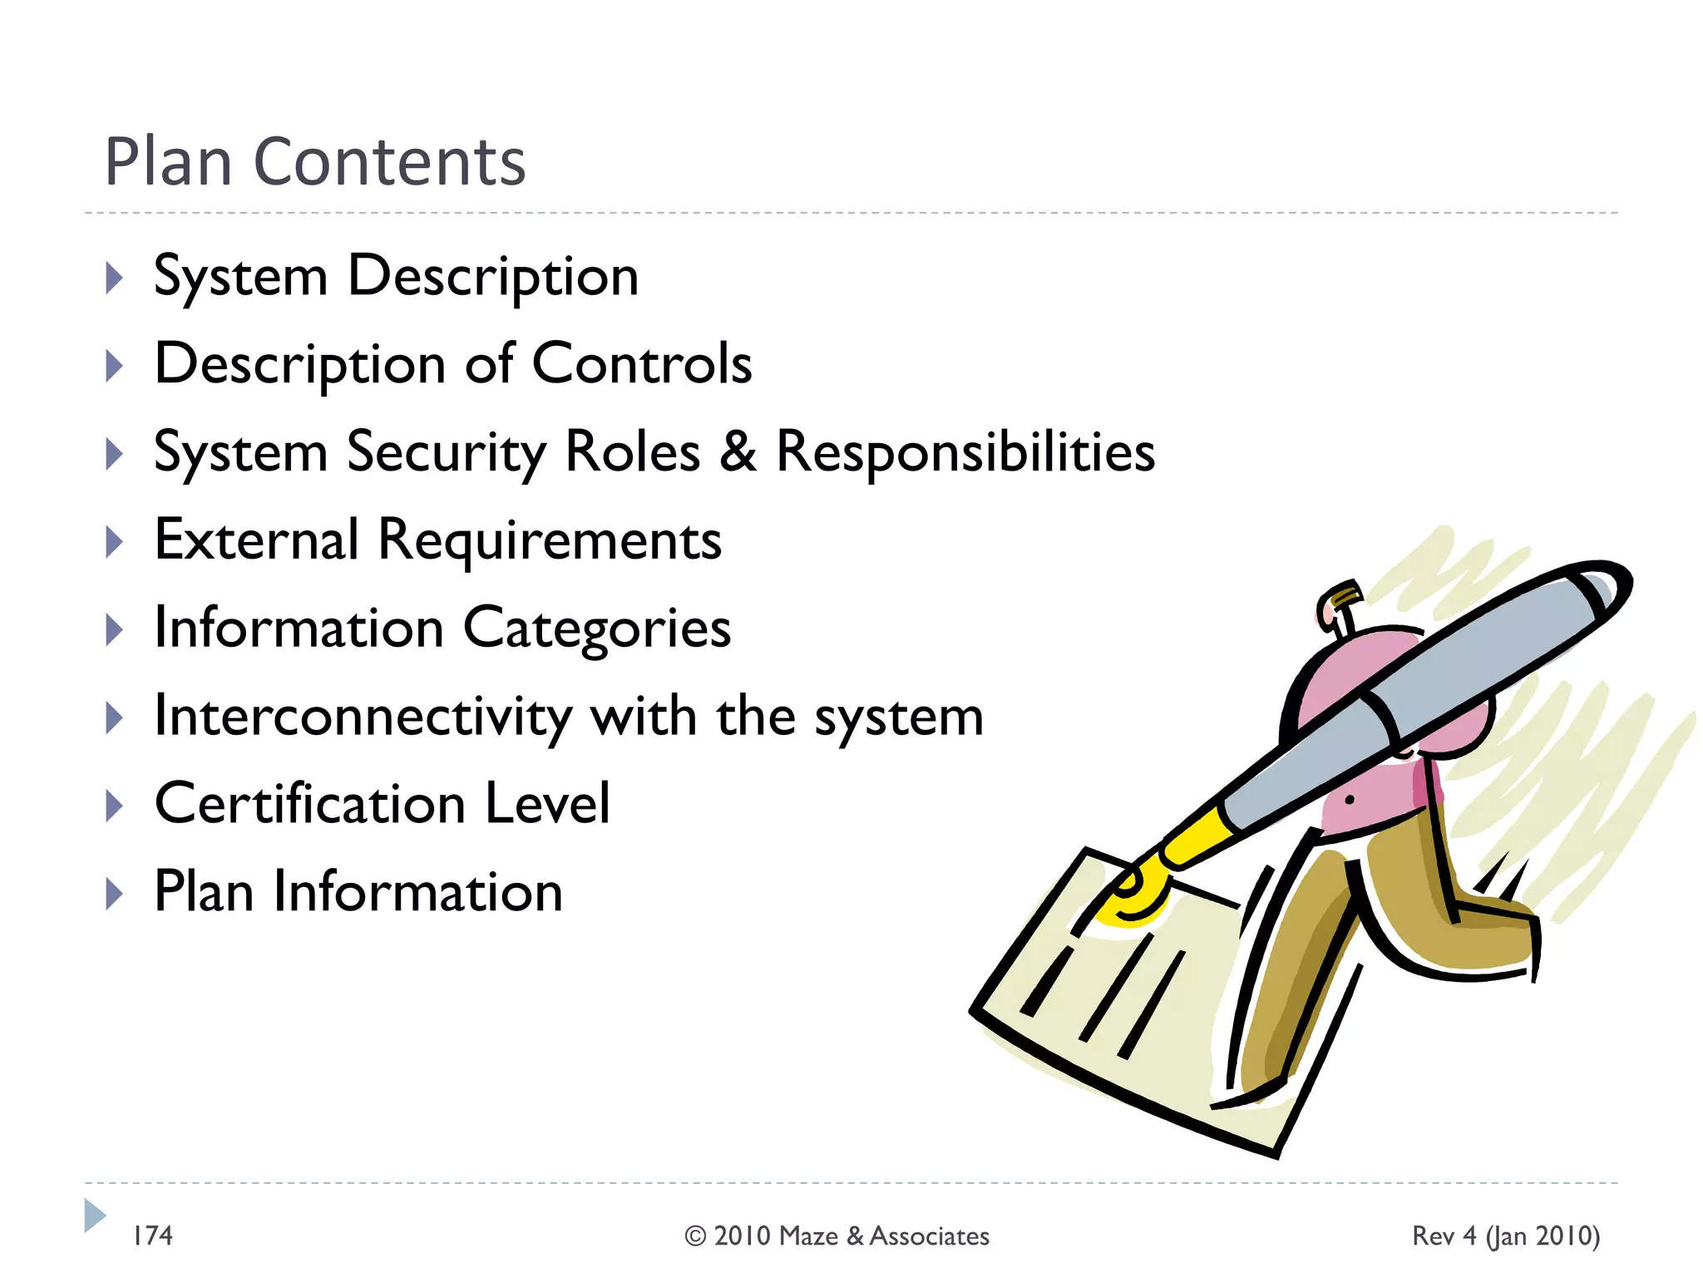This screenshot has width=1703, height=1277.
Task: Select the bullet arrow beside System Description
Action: pyautogui.click(x=115, y=278)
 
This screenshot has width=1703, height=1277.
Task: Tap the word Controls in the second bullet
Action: pyautogui.click(x=641, y=364)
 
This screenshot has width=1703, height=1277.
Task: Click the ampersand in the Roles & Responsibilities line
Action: pyautogui.click(x=738, y=451)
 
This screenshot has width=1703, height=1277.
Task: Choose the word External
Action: pyautogui.click(x=256, y=540)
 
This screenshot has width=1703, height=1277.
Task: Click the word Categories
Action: pyautogui.click(x=596, y=629)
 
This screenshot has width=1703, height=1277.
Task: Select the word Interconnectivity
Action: pyautogui.click(x=363, y=717)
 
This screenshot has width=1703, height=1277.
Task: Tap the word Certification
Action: pyautogui.click(x=309, y=804)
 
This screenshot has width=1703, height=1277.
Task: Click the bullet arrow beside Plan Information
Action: pyautogui.click(x=115, y=895)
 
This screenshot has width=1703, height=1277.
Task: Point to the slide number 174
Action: pyautogui.click(x=153, y=1235)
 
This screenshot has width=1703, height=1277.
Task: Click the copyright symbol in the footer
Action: pyautogui.click(x=694, y=1236)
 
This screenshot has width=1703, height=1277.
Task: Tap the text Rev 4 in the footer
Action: pyautogui.click(x=1444, y=1236)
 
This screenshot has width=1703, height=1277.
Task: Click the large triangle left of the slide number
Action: pyautogui.click(x=94, y=1215)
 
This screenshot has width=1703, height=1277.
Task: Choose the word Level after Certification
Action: pyautogui.click(x=547, y=804)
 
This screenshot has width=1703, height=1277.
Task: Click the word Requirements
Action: pyautogui.click(x=550, y=540)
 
